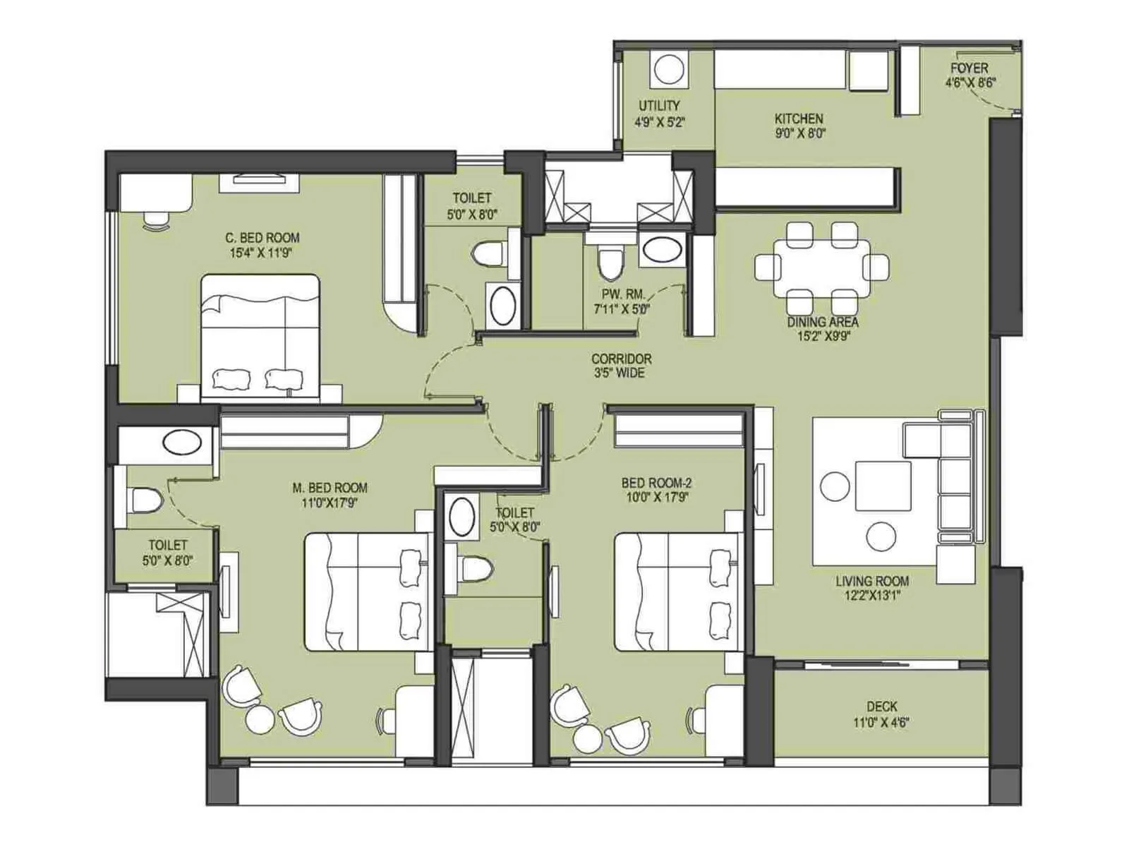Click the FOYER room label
969,68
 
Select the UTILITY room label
659,106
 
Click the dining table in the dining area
822,268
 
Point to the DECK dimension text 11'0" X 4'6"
881,723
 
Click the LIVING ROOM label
872,581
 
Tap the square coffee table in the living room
882,485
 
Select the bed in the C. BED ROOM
260,339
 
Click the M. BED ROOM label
330,488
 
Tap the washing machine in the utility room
667,70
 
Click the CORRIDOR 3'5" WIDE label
621,366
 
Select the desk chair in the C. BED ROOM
156,220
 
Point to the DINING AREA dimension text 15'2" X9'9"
822,336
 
